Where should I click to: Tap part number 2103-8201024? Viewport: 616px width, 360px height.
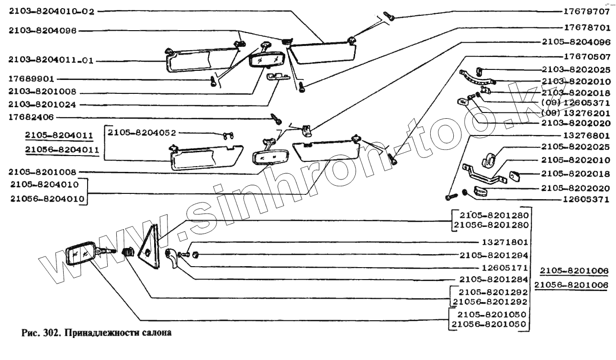click(41, 104)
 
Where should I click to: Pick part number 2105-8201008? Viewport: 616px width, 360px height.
click(41, 171)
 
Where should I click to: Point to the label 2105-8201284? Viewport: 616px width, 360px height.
click(493, 279)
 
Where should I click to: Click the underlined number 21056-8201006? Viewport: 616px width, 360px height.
click(571, 285)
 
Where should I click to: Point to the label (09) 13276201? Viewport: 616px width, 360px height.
click(576, 113)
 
